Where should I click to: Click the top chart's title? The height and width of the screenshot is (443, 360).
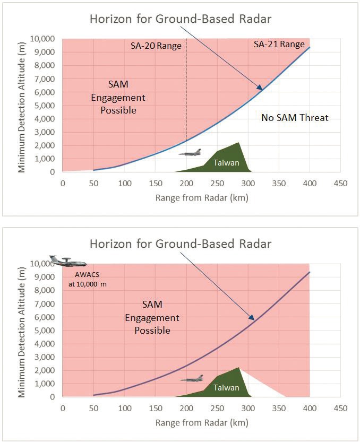pos(181,20)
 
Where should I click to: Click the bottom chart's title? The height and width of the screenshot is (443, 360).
pos(181,244)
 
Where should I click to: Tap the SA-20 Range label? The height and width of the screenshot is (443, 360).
pos(156,46)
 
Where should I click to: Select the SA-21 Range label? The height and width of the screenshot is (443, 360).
pos(279,45)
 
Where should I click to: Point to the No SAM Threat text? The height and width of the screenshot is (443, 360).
pos(295,118)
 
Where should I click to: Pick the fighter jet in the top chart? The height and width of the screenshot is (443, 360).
pos(190,153)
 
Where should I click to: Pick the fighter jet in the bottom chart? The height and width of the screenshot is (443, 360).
pos(192,378)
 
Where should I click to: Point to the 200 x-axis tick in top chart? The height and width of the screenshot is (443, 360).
pos(186,183)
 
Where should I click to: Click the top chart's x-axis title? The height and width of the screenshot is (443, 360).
pos(202,197)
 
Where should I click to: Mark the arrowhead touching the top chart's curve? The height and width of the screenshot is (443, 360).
pos(260,88)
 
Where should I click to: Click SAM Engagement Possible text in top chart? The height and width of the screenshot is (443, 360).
pos(118,98)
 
